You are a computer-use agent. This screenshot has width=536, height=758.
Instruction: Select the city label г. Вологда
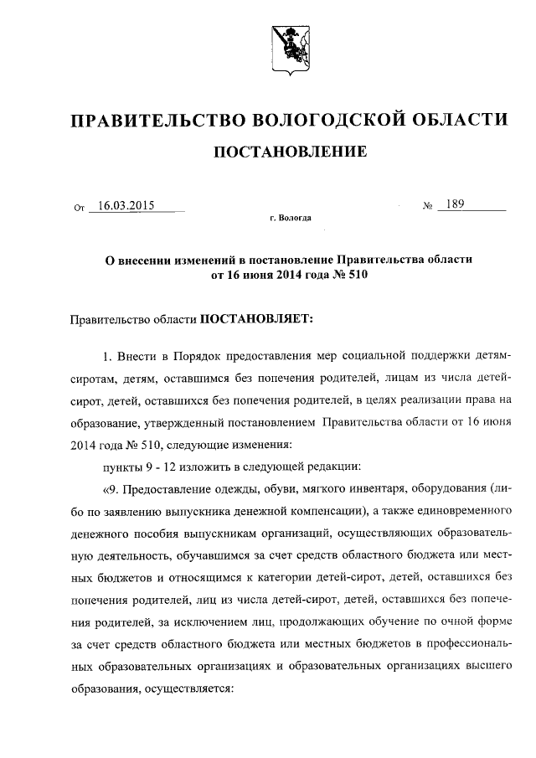coord(290,218)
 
